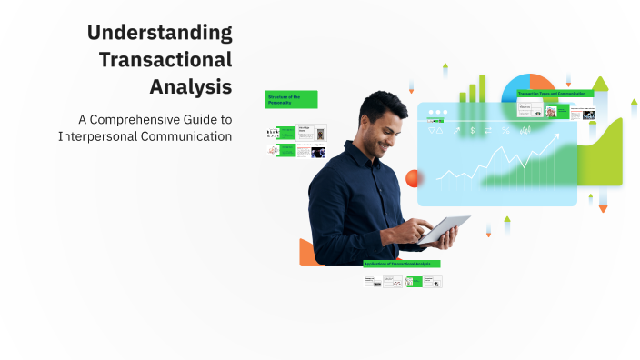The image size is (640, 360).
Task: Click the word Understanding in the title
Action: pyautogui.click(x=160, y=34)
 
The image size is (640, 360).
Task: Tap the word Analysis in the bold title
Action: pyautogui.click(x=191, y=88)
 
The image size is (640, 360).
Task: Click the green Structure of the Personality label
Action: pyautogui.click(x=291, y=99)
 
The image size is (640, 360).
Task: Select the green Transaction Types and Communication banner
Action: pyautogui.click(x=555, y=94)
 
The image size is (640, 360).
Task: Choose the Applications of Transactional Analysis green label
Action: pyautogui.click(x=402, y=264)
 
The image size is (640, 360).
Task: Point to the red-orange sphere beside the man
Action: pyautogui.click(x=415, y=178)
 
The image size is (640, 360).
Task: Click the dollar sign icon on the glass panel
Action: pyautogui.click(x=473, y=131)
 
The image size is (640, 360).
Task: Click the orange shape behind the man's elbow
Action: pyautogui.click(x=308, y=252)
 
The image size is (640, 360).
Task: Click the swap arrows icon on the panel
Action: pyautogui.click(x=488, y=131)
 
